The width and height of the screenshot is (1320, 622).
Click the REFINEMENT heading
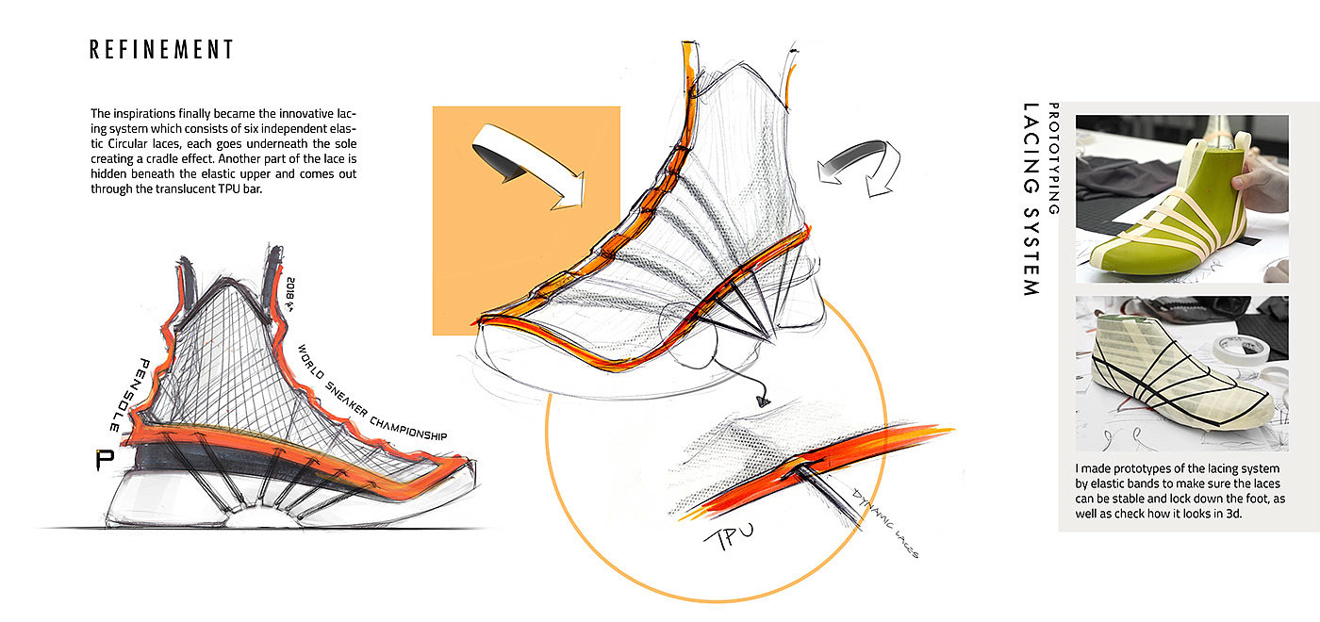coord(161,49)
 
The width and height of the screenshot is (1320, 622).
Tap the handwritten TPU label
coord(729,536)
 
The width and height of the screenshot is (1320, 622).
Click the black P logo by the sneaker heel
coord(105,460)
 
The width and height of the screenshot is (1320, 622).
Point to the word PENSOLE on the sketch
coord(130,395)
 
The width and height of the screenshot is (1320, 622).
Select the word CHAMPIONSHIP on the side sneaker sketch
coord(408,428)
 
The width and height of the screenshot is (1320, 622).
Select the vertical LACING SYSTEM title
coord(1031,199)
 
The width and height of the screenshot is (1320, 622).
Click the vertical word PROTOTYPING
coord(1054,158)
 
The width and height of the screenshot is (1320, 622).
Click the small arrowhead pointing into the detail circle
coord(764,402)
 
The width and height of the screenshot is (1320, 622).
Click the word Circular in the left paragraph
coord(127,143)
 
